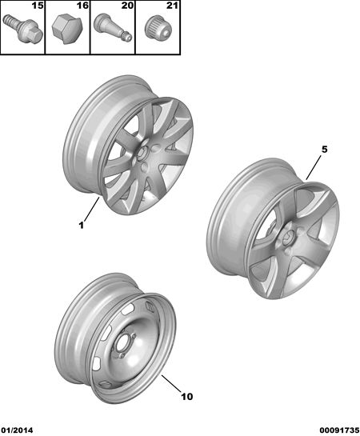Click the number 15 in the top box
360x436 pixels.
(x=38, y=6)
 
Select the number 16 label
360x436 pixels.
(x=82, y=6)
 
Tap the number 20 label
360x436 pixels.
(x=127, y=6)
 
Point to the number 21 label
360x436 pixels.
(x=172, y=6)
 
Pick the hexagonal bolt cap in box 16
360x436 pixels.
(x=67, y=30)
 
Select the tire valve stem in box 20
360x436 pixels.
(x=112, y=28)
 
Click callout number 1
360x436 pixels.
(x=81, y=226)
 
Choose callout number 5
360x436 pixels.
(x=325, y=150)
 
